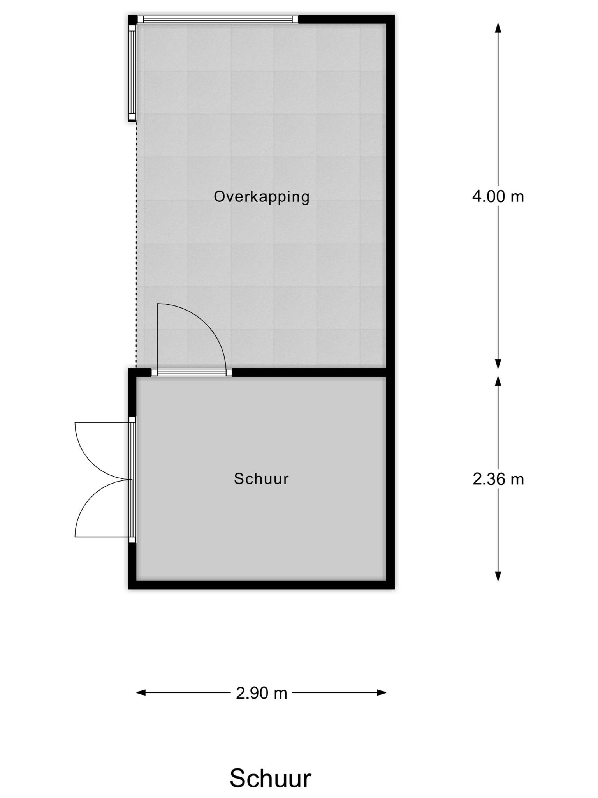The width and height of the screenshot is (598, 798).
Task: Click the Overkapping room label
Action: click(x=262, y=197)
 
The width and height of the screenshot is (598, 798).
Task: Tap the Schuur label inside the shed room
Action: click(x=261, y=479)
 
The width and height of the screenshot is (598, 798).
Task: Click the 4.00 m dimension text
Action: click(x=498, y=196)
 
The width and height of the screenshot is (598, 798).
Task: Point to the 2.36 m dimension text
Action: click(x=498, y=479)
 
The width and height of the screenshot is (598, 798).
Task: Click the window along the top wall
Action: click(x=218, y=19)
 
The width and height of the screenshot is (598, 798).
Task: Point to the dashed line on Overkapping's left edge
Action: click(x=136, y=245)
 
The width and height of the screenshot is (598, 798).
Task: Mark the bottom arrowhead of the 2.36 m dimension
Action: click(x=498, y=576)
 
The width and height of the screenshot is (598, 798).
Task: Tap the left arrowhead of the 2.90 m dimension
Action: click(x=141, y=692)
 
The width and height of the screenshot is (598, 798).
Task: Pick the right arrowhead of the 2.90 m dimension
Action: click(x=382, y=692)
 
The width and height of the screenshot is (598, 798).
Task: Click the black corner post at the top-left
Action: click(x=133, y=19)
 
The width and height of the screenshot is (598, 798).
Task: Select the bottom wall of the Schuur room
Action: click(x=261, y=584)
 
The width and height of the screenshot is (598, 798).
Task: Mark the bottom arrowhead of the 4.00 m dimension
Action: click(x=498, y=363)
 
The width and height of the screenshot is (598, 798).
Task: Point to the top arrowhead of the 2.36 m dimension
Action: click(x=498, y=381)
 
